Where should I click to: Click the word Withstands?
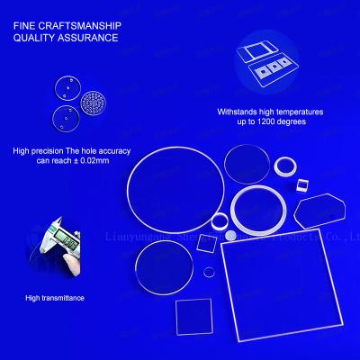pyautogui.click(x=238, y=112)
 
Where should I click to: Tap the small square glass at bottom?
pyautogui.click(x=193, y=317)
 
